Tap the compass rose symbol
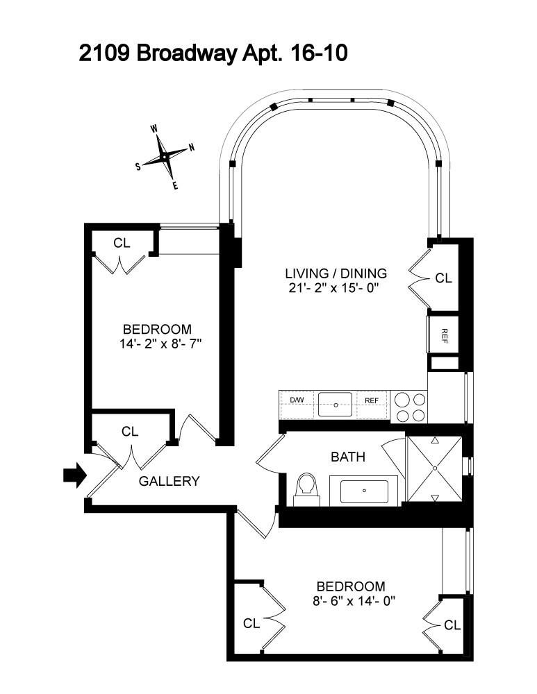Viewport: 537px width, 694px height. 165,158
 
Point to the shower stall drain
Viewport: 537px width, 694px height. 434,468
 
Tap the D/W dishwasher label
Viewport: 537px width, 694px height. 297,400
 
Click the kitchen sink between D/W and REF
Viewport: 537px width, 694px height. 336,403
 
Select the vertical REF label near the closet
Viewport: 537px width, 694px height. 444,335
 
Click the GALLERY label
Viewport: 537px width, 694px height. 170,481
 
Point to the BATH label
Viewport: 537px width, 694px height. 347,457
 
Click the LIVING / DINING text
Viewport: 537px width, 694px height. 336,273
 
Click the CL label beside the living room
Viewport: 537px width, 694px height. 443,278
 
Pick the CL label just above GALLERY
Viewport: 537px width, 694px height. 130,431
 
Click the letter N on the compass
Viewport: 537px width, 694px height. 191,146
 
